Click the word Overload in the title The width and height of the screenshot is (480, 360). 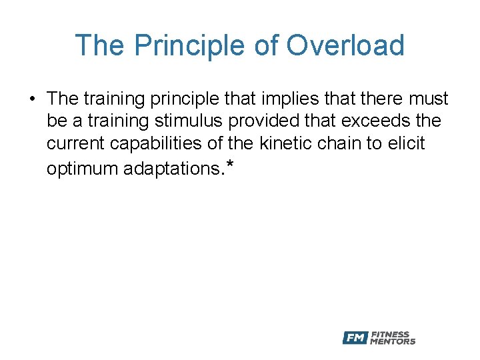click(345, 46)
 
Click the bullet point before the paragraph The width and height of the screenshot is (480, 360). click(32, 99)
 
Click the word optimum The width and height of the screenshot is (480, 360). click(83, 169)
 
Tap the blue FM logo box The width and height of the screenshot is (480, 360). click(355, 338)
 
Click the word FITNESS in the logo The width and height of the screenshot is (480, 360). click(390, 335)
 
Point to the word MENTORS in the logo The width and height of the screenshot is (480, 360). click(393, 342)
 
